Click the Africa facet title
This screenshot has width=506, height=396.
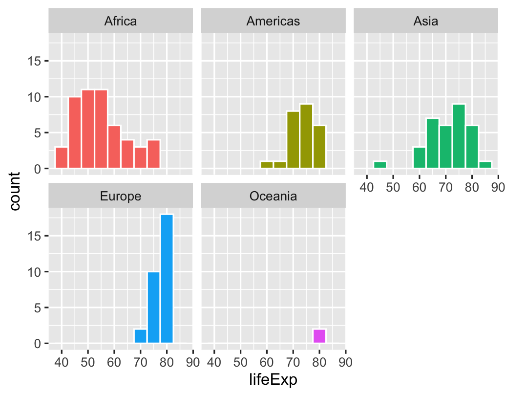click(x=121, y=21)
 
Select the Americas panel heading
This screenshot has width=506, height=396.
click(x=273, y=21)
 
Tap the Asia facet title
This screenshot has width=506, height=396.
click(x=425, y=21)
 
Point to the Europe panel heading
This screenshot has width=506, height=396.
click(x=121, y=196)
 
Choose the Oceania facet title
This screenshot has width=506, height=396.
click(x=273, y=196)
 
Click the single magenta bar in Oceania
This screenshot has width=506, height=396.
click(x=319, y=336)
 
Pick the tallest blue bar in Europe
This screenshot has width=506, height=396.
click(x=167, y=279)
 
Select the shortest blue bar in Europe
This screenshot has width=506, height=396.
click(x=141, y=336)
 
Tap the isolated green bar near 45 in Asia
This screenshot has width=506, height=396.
click(x=380, y=165)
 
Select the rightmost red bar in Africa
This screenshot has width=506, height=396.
click(x=153, y=154)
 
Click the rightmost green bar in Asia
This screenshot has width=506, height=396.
click(x=485, y=165)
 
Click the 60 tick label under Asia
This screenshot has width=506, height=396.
click(x=420, y=187)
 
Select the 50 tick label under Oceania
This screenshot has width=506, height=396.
click(x=240, y=362)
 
